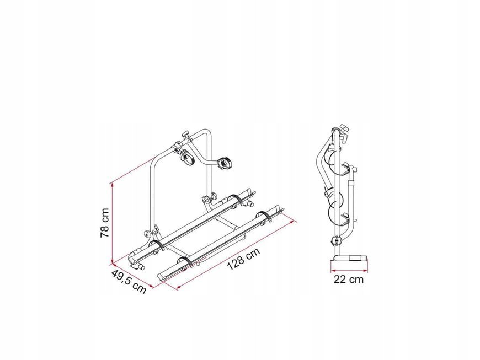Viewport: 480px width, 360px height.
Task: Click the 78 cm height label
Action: [105, 223]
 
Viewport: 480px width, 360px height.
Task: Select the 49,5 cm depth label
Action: [129, 281]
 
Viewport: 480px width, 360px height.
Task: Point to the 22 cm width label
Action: [349, 280]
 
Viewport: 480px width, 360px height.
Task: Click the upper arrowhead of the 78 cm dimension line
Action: [113, 185]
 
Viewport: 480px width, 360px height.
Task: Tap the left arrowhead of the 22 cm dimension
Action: [333, 271]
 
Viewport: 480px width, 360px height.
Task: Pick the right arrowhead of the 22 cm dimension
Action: [365, 271]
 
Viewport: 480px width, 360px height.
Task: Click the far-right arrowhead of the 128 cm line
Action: [295, 222]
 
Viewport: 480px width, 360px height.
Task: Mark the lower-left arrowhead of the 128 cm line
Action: [179, 287]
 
